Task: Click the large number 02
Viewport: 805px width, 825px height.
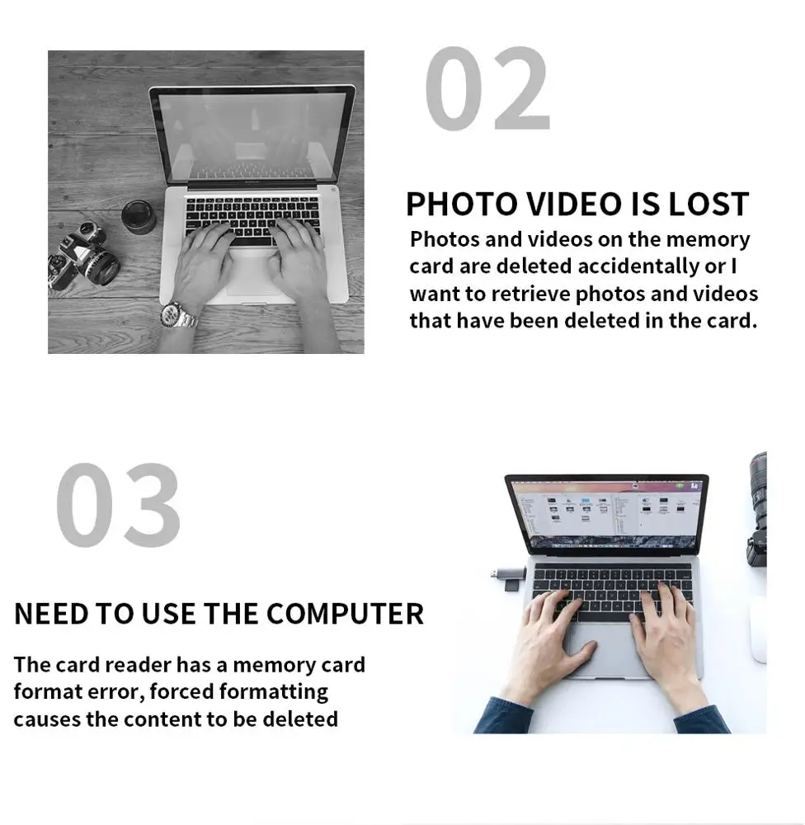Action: [x=487, y=88]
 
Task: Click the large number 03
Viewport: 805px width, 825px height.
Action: [x=119, y=505]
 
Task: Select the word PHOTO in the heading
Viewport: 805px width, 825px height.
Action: [x=462, y=204]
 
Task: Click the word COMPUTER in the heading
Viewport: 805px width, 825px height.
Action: [x=345, y=614]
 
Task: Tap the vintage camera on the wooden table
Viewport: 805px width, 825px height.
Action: [x=83, y=256]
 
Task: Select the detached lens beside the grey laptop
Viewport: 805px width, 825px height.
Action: [x=139, y=217]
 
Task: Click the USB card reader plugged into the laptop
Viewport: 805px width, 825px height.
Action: [x=509, y=577]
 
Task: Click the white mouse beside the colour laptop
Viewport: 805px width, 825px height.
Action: [x=759, y=634]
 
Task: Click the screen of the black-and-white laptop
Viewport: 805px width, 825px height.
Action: [x=252, y=136]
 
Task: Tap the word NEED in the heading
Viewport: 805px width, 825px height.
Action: [x=51, y=614]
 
